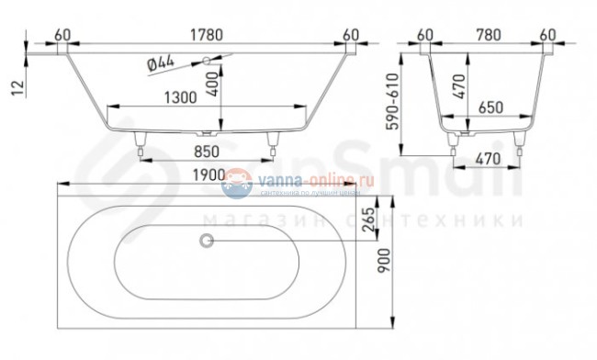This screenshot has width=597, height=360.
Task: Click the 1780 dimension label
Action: [206, 34]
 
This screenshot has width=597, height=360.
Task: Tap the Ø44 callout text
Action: [162, 65]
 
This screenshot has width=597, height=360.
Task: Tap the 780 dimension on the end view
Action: [485, 34]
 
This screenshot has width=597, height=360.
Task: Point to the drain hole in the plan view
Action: [206, 242]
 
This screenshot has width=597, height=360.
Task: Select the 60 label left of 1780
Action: [62, 34]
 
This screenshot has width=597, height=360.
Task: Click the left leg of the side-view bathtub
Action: [141, 141]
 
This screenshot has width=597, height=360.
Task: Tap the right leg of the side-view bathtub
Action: [273, 141]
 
